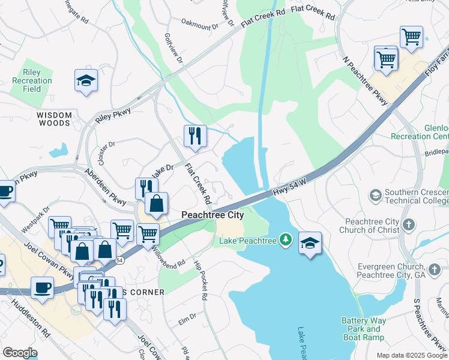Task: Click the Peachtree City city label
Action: (x=212, y=215)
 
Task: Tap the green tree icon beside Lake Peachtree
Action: (x=286, y=241)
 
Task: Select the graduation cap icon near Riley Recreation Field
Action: (x=86, y=81)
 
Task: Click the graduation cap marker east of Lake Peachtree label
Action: (x=310, y=244)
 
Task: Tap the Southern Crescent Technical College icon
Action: (x=375, y=195)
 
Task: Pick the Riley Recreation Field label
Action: (x=32, y=80)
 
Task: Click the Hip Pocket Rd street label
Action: (x=200, y=280)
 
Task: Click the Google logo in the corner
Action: (x=20, y=353)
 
